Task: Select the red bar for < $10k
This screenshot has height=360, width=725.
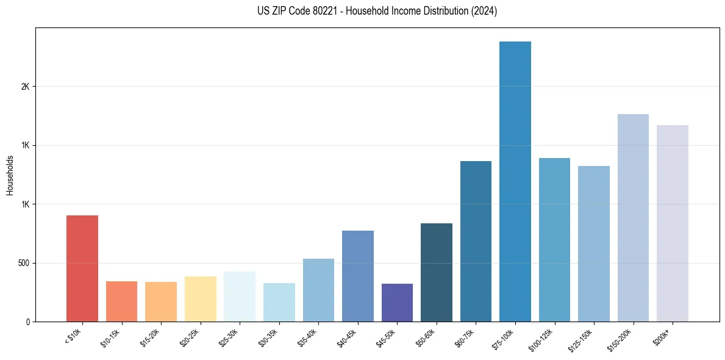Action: pyautogui.click(x=82, y=268)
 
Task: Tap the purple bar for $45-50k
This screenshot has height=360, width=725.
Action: pyautogui.click(x=397, y=303)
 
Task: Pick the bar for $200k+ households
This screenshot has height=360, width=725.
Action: pyautogui.click(x=672, y=223)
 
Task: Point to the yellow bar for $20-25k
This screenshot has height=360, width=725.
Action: pyautogui.click(x=200, y=299)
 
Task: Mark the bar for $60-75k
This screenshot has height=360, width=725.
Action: pyautogui.click(x=476, y=242)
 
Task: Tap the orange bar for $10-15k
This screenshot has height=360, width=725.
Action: pyautogui.click(x=121, y=301)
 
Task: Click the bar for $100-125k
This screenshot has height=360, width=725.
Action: pyautogui.click(x=554, y=240)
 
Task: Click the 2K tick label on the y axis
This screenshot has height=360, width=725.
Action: pyautogui.click(x=25, y=87)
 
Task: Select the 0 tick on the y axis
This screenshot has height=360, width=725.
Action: pyautogui.click(x=28, y=322)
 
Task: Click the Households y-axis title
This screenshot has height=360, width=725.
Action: pyautogui.click(x=10, y=175)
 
